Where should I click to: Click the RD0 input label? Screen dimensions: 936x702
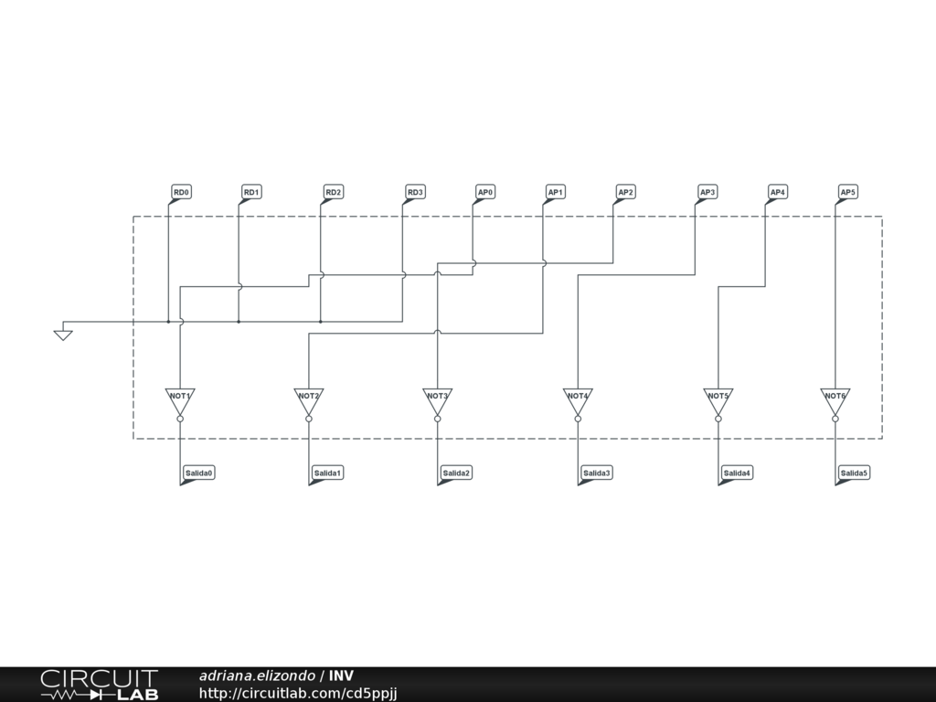pos(181,192)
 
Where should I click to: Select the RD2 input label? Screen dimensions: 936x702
pos(334,192)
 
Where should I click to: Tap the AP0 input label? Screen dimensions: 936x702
pos(485,192)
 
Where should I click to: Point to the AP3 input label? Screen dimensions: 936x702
pos(707,192)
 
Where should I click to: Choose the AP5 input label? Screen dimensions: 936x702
pos(847,192)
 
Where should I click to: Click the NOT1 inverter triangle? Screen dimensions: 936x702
pos(180,399)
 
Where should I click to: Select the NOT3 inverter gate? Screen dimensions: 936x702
pos(437,399)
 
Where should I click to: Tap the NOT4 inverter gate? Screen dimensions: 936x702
pos(578,399)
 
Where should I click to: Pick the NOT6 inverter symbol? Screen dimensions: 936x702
pos(835,399)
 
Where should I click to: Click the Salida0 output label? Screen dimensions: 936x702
pos(198,473)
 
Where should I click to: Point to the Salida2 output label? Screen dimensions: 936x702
pos(456,473)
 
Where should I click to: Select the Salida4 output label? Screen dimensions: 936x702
pos(737,473)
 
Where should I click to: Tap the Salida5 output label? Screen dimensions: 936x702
pos(854,473)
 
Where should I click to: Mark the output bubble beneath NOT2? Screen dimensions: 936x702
pos(309,419)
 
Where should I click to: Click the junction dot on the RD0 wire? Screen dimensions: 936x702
pos(168,322)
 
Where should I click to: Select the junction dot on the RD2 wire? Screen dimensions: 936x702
pos(321,322)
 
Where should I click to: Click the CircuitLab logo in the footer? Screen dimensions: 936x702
pos(99,685)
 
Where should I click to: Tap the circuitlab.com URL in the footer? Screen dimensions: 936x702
pos(297,694)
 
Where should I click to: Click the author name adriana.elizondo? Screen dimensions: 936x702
pos(257,675)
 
